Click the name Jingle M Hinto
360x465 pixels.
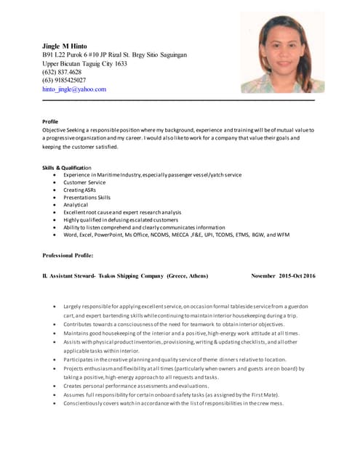65,46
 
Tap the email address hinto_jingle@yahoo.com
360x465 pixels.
74,89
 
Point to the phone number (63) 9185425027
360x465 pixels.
64,81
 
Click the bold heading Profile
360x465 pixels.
50,121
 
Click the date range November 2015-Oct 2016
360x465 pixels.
284,276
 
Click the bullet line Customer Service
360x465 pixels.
84,182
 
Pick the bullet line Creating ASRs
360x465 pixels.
79,190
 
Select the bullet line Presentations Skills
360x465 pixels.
87,198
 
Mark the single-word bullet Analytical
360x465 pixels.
76,205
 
